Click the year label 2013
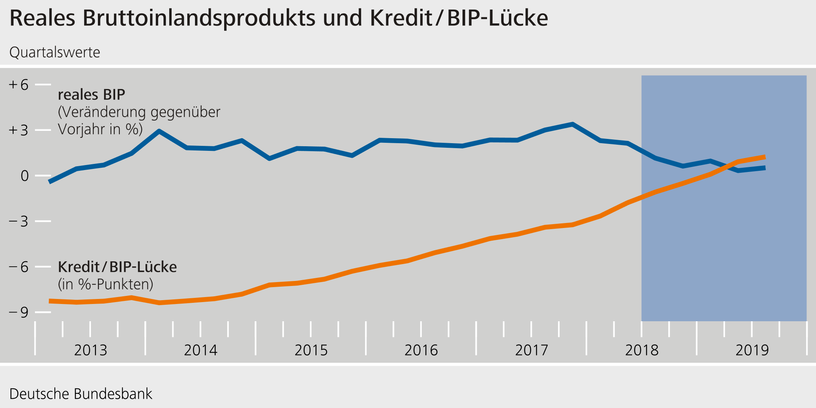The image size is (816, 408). pos(90,350)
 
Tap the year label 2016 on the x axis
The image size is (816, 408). pos(421,350)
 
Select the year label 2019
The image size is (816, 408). pos(752,350)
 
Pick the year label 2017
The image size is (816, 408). pos(531,350)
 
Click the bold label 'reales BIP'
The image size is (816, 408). pos(91,94)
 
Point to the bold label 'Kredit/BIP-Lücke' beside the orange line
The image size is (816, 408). pos(117,267)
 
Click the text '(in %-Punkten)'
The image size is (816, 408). pos(106,284)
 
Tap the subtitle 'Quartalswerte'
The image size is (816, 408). pos(55,52)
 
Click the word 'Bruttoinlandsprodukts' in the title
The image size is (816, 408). pos(199,18)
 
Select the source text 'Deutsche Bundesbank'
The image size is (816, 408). pos(81,394)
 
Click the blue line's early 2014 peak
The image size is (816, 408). pos(159,131)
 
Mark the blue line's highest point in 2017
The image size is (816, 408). pos(572,124)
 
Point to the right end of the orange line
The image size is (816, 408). pos(765,157)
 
